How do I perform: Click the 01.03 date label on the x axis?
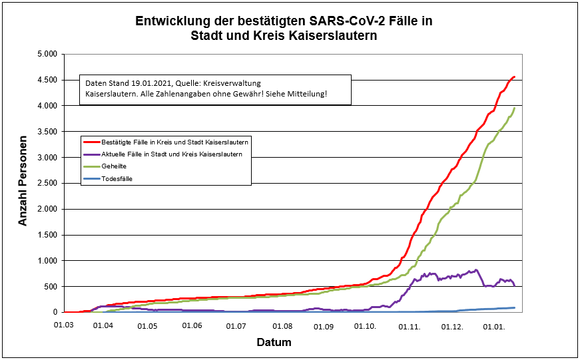click(x=63, y=326)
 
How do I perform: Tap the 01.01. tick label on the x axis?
click(x=495, y=326)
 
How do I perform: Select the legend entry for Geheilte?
click(x=115, y=166)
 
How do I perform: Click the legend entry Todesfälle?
click(x=117, y=178)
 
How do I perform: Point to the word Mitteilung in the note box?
click(x=307, y=94)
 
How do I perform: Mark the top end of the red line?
click(x=514, y=77)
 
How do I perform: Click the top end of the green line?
click(x=515, y=108)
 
